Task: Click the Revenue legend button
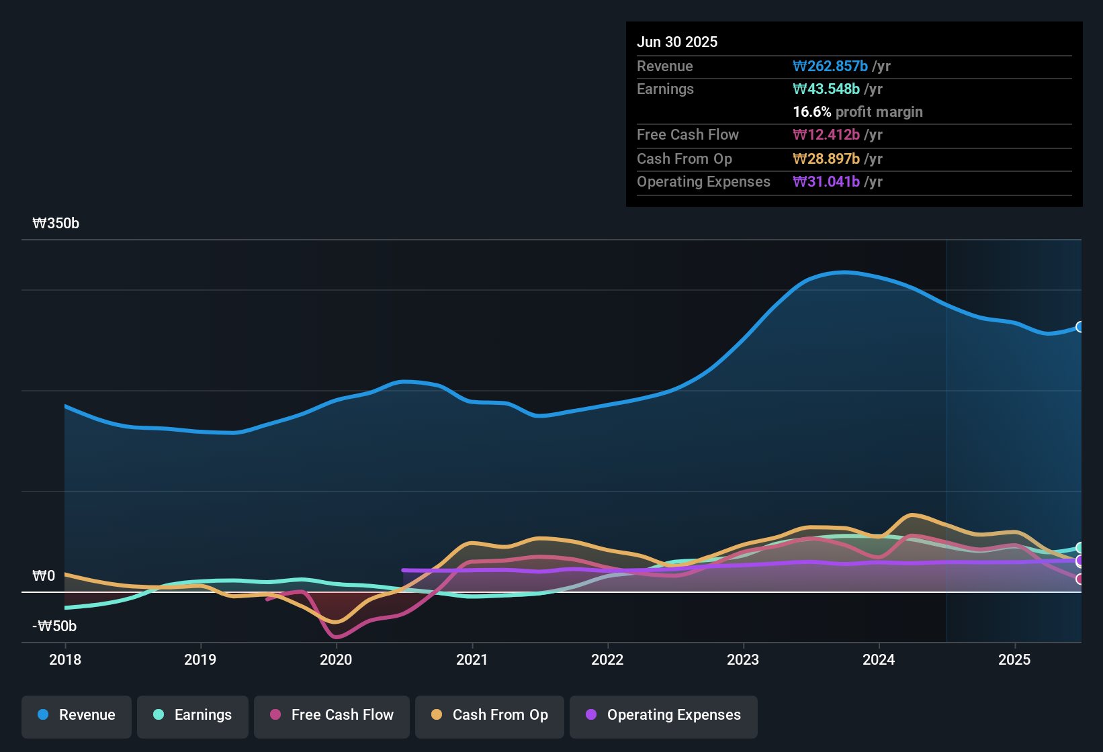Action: [77, 715]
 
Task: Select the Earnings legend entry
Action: [193, 715]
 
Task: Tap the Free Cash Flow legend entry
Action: [332, 715]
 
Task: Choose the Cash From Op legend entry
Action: [490, 715]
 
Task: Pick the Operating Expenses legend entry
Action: [664, 715]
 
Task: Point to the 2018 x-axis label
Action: [65, 660]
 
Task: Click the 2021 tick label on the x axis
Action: [472, 660]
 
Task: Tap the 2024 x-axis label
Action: [879, 660]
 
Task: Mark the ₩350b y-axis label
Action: [56, 224]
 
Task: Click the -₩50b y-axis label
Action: [54, 626]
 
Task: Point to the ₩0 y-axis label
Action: [44, 576]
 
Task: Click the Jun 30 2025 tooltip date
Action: [677, 42]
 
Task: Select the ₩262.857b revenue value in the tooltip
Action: [830, 66]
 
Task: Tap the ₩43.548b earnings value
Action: [826, 89]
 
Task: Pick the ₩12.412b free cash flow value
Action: [826, 135]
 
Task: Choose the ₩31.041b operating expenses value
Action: [826, 182]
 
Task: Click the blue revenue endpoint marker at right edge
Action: [1079, 327]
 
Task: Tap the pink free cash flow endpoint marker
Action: [1079, 579]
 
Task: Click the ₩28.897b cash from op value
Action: [826, 159]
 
